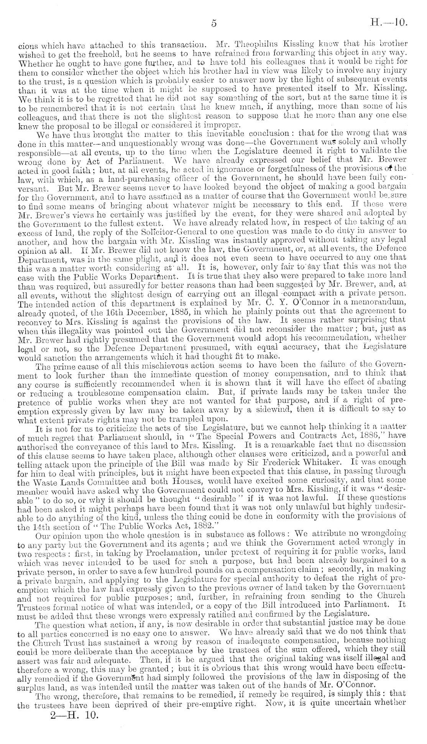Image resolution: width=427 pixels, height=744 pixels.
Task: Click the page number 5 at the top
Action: [214, 23]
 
